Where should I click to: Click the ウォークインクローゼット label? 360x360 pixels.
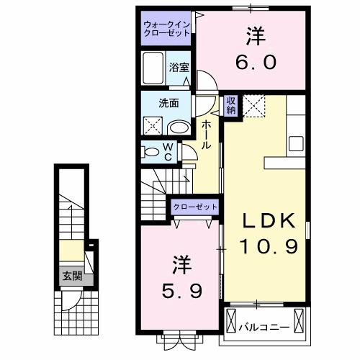pyautogui.click(x=165, y=27)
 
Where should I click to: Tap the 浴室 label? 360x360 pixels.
pyautogui.click(x=179, y=68)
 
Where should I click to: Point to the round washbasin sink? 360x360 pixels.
pyautogui.click(x=178, y=128)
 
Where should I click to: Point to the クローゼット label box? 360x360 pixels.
pyautogui.click(x=194, y=207)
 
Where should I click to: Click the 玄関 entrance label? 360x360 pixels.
pyautogui.click(x=71, y=276)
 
